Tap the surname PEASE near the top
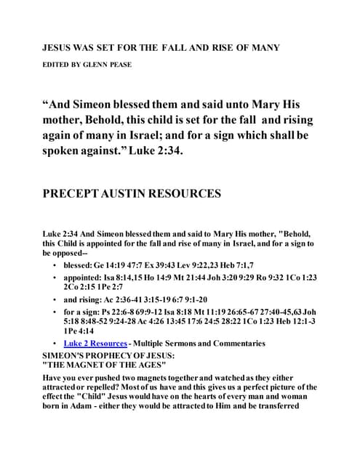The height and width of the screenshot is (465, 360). coord(120,65)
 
